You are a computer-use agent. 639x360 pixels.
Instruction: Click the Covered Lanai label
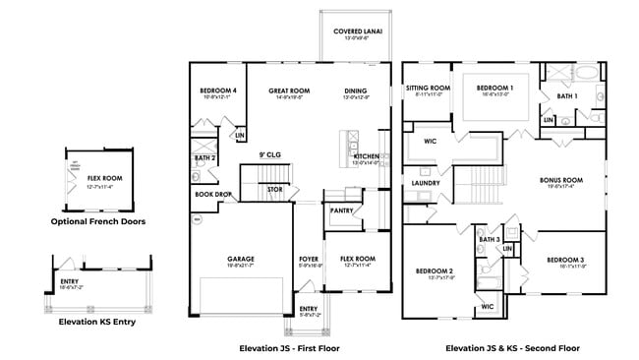358,31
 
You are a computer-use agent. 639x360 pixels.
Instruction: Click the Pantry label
342,210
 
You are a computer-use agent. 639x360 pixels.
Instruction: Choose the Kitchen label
366,156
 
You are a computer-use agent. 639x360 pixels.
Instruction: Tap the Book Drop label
213,194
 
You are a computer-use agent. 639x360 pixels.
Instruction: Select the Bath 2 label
204,157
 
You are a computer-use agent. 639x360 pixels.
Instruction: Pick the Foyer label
310,260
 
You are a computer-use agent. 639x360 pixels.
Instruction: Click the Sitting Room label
428,88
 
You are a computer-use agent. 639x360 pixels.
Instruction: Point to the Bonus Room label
560,181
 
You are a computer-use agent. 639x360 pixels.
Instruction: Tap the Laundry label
426,183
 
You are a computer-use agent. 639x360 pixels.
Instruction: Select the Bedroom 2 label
434,270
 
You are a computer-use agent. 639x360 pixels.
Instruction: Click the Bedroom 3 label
566,260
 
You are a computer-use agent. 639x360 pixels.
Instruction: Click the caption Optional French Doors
98,221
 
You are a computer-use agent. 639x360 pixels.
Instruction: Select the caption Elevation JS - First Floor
290,347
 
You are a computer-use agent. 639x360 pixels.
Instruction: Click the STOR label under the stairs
274,189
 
